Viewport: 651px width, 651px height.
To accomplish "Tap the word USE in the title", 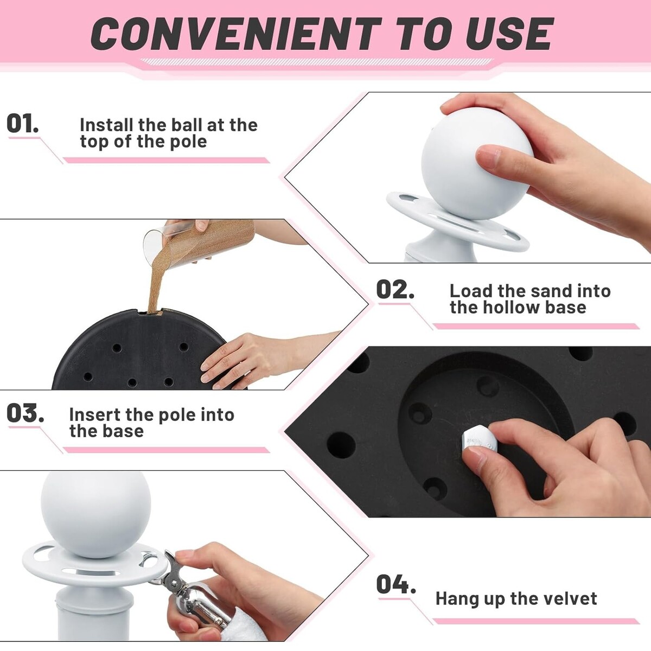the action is coord(510,34).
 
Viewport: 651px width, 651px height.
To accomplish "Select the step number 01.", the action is coord(22,123).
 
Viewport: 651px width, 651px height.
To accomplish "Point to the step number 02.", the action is coord(395,289).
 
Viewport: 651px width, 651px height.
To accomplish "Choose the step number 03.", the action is coord(25,413).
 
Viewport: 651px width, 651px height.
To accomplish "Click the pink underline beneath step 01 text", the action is coord(166,160).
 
